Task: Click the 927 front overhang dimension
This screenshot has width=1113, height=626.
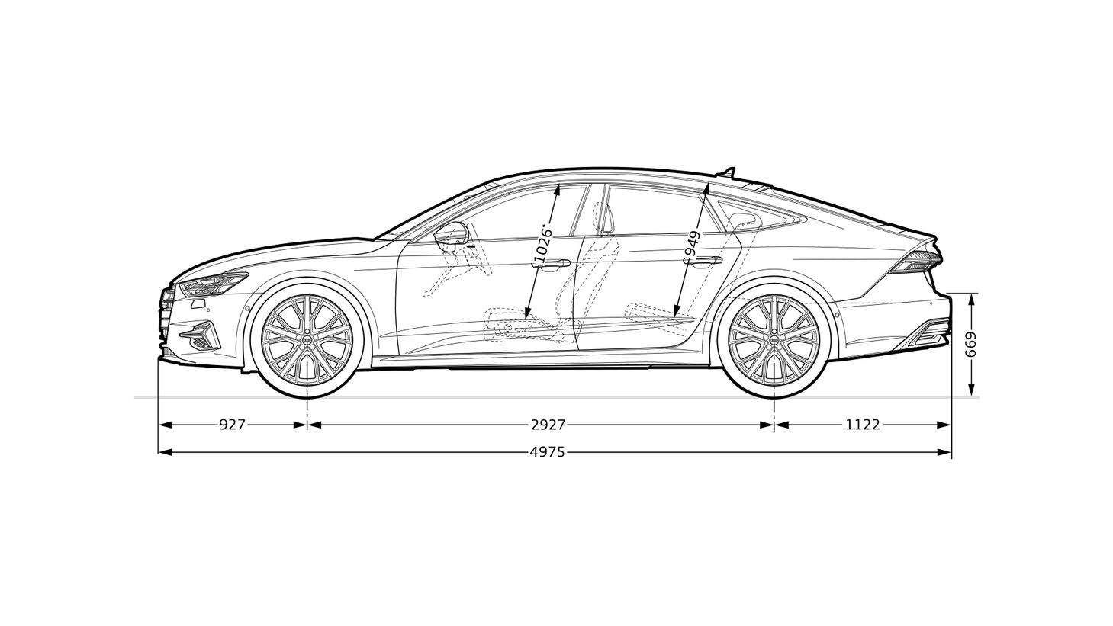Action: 233,425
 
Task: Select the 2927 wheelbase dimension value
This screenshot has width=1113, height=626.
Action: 548,425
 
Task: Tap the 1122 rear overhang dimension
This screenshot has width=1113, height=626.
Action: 862,425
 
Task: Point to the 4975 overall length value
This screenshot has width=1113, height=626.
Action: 548,452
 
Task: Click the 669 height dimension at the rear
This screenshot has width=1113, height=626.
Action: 970,345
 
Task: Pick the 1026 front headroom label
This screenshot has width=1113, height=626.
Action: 542,245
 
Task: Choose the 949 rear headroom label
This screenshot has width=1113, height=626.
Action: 692,244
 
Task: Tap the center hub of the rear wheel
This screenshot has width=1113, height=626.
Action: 774,339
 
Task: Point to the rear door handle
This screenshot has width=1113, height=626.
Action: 706,262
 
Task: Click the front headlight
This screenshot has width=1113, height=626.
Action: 214,284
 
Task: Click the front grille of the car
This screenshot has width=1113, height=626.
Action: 166,313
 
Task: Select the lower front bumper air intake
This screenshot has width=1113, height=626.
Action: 201,335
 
